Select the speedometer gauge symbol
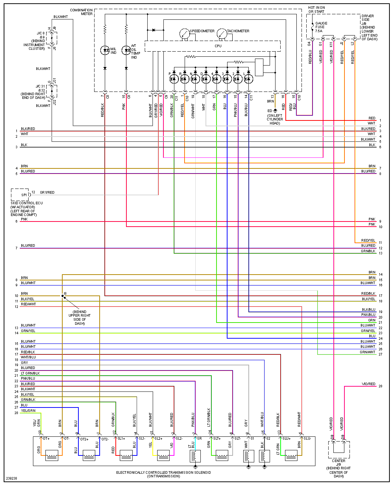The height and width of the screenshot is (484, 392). [184, 34]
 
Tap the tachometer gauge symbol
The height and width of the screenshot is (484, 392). [222, 34]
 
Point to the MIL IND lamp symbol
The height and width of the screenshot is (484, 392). [105, 51]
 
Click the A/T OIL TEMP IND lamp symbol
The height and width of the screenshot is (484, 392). [126, 51]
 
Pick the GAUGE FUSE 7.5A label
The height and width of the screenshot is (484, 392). [321, 27]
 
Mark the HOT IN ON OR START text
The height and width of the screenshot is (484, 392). [317, 10]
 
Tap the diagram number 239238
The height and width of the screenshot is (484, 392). [11, 478]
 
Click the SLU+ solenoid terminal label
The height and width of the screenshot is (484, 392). [286, 439]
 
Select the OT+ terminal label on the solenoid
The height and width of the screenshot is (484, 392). [46, 439]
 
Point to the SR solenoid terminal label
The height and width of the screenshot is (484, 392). [199, 439]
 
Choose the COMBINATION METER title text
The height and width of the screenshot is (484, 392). [81, 12]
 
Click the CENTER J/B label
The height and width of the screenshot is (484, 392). [339, 463]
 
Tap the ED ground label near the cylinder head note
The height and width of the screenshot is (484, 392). [270, 111]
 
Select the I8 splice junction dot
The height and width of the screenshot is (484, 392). [62, 296]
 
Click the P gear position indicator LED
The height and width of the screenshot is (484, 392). [174, 79]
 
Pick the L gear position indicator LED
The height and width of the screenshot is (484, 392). [248, 79]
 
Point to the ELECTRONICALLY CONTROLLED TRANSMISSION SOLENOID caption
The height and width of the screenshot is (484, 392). [163, 473]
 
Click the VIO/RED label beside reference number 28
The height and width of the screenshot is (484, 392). [369, 384]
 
